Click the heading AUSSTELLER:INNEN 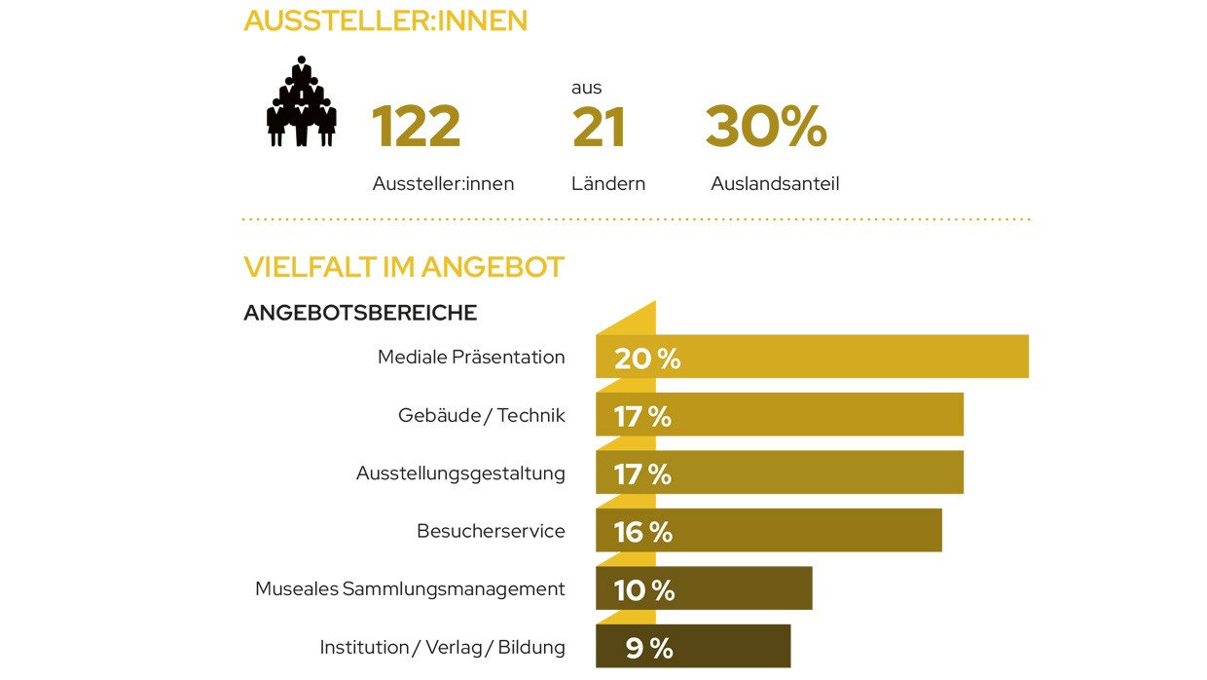(385, 20)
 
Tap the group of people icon (302, 102)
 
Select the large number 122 (416, 127)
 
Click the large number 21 (599, 127)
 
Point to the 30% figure (766, 127)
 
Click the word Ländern (608, 183)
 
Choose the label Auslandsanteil (775, 183)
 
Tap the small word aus (586, 88)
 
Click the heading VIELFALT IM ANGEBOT (404, 267)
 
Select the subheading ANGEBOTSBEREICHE (360, 313)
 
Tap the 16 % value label (643, 532)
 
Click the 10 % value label (643, 589)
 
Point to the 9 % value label (649, 648)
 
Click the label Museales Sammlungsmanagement (410, 589)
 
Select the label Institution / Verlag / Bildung (442, 648)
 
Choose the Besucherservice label (491, 531)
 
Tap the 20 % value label (647, 359)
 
